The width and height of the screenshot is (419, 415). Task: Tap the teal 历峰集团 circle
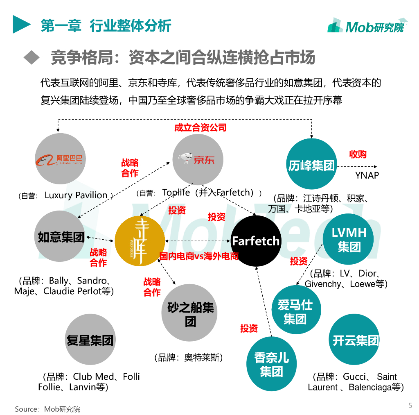[x=312, y=164]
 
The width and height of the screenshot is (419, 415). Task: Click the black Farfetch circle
[x=256, y=241]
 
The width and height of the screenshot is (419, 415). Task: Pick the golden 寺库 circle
[x=140, y=241]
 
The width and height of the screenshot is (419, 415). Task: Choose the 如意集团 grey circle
[x=60, y=236]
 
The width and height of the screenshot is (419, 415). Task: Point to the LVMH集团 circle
[x=349, y=239]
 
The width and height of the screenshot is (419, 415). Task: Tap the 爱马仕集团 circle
[x=295, y=311]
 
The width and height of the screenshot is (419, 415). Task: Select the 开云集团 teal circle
[x=354, y=340]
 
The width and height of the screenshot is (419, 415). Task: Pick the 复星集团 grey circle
[x=90, y=340]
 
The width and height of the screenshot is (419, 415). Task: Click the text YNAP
[x=367, y=175]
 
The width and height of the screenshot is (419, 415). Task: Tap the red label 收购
[x=358, y=154]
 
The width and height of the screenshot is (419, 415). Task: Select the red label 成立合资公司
[x=200, y=127]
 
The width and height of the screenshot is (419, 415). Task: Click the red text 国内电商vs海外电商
[x=199, y=256]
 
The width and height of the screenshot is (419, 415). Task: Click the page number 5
[x=410, y=406]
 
